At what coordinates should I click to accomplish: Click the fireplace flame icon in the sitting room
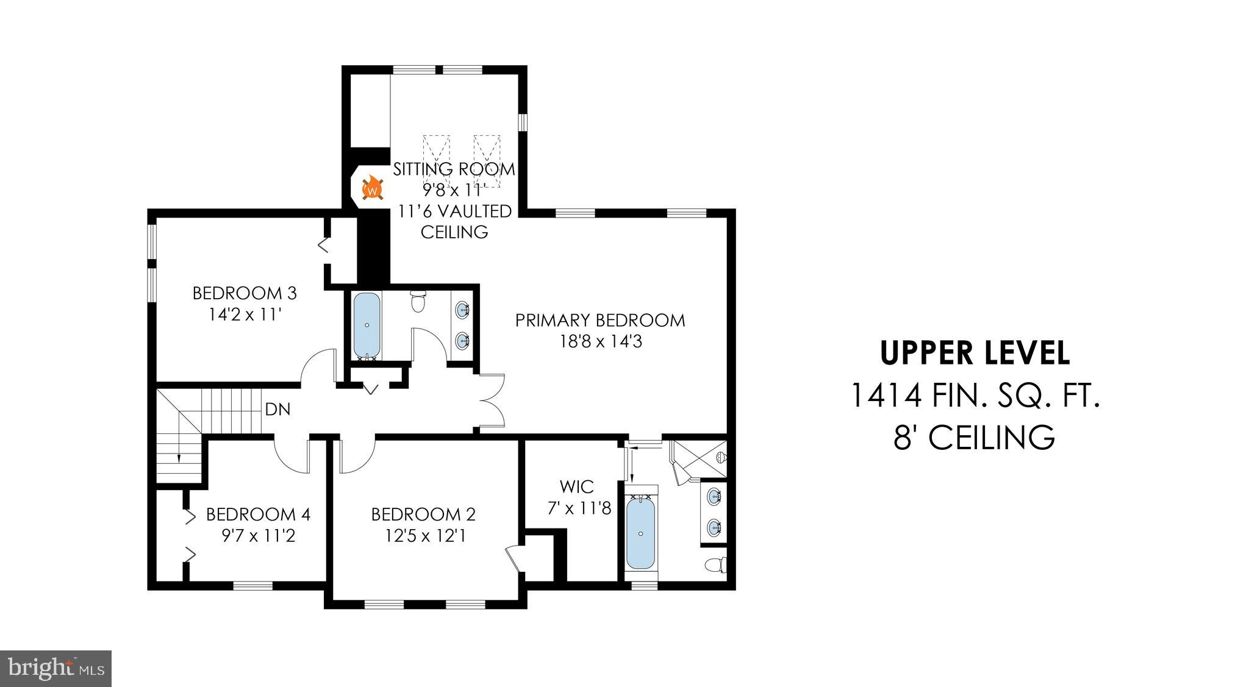tap(372, 189)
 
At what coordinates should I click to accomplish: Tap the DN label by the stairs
tap(277, 410)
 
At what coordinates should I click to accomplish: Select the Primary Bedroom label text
tap(599, 320)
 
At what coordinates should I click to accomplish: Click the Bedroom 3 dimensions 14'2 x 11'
tap(245, 315)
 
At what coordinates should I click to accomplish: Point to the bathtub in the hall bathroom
tap(367, 326)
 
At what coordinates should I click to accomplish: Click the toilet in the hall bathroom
tap(418, 301)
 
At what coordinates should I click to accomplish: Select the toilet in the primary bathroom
tap(714, 565)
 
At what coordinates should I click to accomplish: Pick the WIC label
tap(576, 486)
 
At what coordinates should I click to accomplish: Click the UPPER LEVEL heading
tap(975, 353)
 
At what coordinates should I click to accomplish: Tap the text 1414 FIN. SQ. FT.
tap(975, 395)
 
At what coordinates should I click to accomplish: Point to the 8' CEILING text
tap(975, 437)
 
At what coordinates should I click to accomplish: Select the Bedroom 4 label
tap(258, 514)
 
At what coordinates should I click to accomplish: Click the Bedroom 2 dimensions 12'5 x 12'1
tap(425, 536)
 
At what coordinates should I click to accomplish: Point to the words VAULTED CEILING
tap(454, 221)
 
